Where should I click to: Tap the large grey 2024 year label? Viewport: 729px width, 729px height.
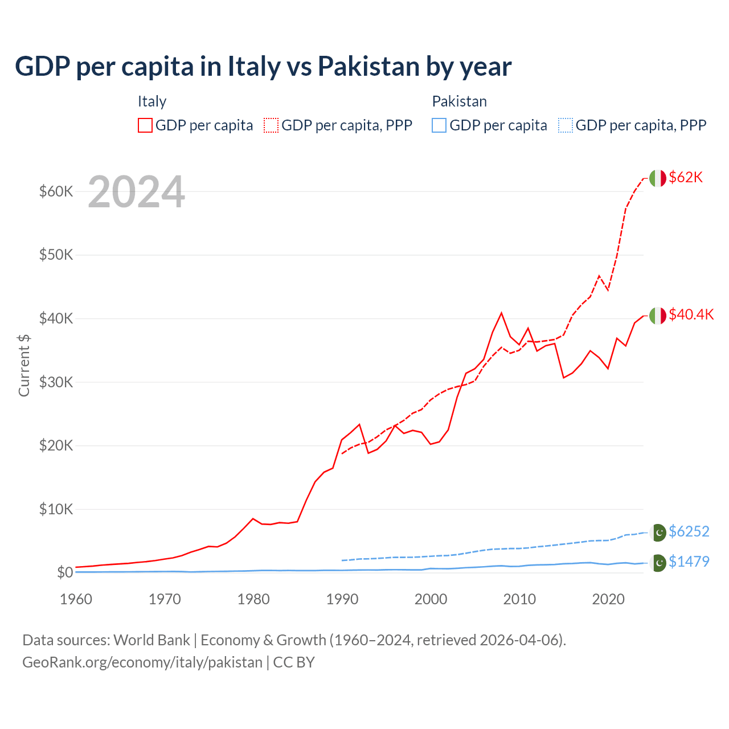(x=136, y=192)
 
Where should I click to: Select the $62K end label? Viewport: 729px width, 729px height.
(x=686, y=177)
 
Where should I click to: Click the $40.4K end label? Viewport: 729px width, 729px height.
(x=691, y=314)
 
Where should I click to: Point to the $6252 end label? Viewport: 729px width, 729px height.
(x=689, y=531)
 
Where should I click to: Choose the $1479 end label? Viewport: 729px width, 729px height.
(x=689, y=562)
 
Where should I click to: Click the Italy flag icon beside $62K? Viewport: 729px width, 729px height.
(x=657, y=178)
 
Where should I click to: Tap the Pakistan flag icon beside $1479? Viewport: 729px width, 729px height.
(x=658, y=563)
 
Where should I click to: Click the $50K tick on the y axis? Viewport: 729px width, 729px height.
(x=56, y=255)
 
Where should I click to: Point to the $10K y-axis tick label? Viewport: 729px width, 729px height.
(x=56, y=509)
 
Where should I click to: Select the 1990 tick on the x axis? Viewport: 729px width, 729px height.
(x=342, y=599)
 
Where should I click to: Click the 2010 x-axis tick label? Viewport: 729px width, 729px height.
(x=519, y=599)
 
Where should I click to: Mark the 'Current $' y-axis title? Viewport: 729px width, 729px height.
(x=24, y=365)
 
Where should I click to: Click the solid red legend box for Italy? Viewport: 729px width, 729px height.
(x=145, y=125)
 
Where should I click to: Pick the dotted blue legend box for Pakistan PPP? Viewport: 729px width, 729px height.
(x=565, y=125)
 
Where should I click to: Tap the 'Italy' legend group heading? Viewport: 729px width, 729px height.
(x=152, y=101)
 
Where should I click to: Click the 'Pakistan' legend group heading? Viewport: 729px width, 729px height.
(x=459, y=101)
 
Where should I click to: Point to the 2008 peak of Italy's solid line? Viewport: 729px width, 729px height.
(x=501, y=313)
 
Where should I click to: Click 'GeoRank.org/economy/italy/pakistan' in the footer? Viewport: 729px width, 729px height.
(x=142, y=662)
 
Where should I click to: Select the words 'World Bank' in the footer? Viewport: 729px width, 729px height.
(x=151, y=640)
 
